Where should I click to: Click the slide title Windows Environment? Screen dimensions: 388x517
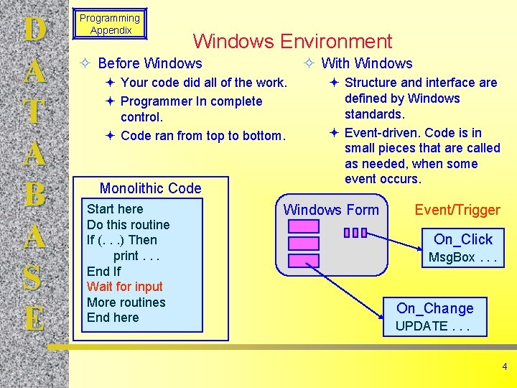click(292, 42)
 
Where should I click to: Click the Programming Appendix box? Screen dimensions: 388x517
click(110, 24)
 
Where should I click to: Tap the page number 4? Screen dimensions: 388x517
click(504, 366)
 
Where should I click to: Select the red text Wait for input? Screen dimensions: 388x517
click(125, 287)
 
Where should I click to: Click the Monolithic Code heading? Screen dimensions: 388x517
click(150, 188)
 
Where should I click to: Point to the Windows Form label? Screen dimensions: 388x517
click(331, 210)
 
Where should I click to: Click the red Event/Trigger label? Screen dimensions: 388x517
click(457, 210)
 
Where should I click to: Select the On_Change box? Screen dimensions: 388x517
click(435, 316)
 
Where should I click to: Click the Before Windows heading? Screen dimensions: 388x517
click(150, 63)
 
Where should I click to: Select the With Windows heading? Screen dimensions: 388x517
click(367, 63)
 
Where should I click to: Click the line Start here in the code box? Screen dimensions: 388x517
click(115, 209)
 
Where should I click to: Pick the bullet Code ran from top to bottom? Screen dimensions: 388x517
click(203, 136)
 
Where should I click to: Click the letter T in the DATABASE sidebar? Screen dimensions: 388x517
click(34, 113)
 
